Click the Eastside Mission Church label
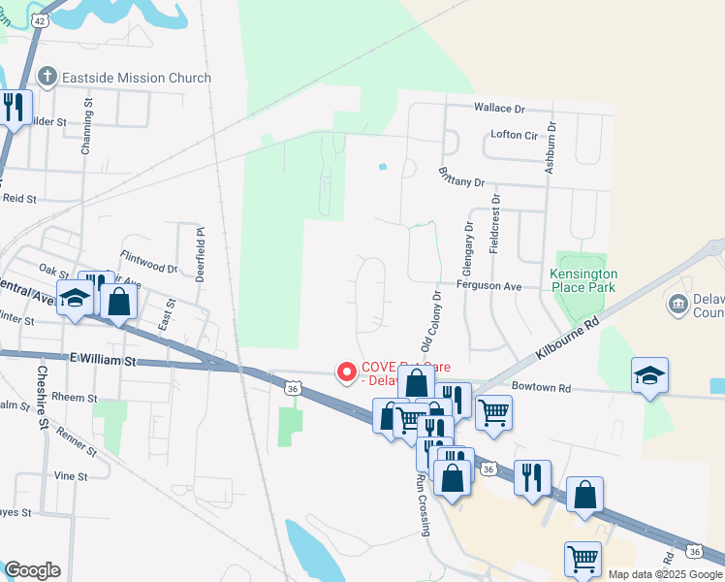click(136, 77)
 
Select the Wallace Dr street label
click(498, 108)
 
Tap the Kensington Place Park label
click(583, 280)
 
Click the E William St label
click(105, 359)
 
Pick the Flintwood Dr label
click(149, 262)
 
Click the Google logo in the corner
click(32, 570)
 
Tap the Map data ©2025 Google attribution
click(665, 574)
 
